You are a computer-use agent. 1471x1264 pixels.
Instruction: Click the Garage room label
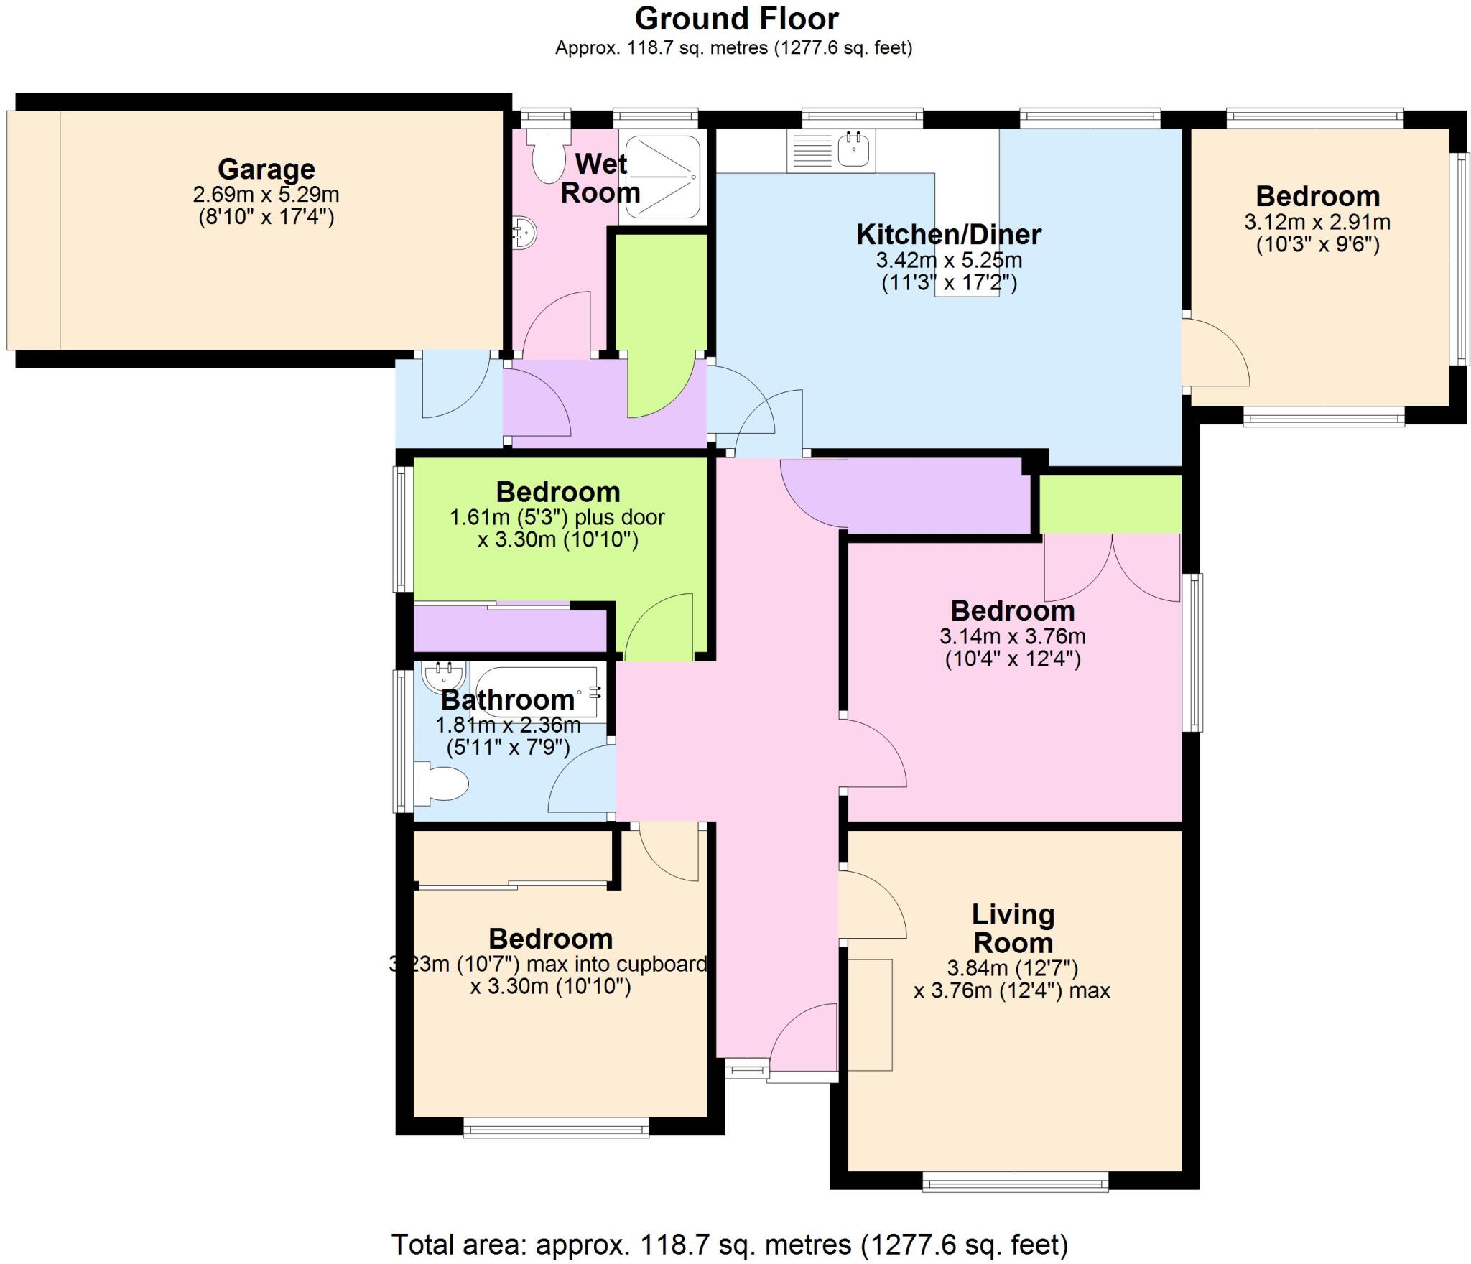(266, 169)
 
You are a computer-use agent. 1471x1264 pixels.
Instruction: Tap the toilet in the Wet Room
(547, 159)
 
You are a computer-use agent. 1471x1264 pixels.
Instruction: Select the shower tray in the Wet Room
(662, 177)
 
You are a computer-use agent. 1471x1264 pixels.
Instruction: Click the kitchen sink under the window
(854, 151)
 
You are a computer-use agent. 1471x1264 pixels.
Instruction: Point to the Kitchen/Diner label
(948, 235)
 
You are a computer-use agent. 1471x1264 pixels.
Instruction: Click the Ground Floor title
(735, 19)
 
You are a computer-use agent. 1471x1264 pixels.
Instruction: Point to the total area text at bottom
(729, 1244)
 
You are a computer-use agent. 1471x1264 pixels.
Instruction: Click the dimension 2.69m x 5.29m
(266, 195)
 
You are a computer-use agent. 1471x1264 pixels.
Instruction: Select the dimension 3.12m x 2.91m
(1317, 222)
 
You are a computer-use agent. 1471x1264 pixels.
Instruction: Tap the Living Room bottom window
(1014, 1181)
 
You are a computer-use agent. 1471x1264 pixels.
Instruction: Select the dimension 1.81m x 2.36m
(508, 725)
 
